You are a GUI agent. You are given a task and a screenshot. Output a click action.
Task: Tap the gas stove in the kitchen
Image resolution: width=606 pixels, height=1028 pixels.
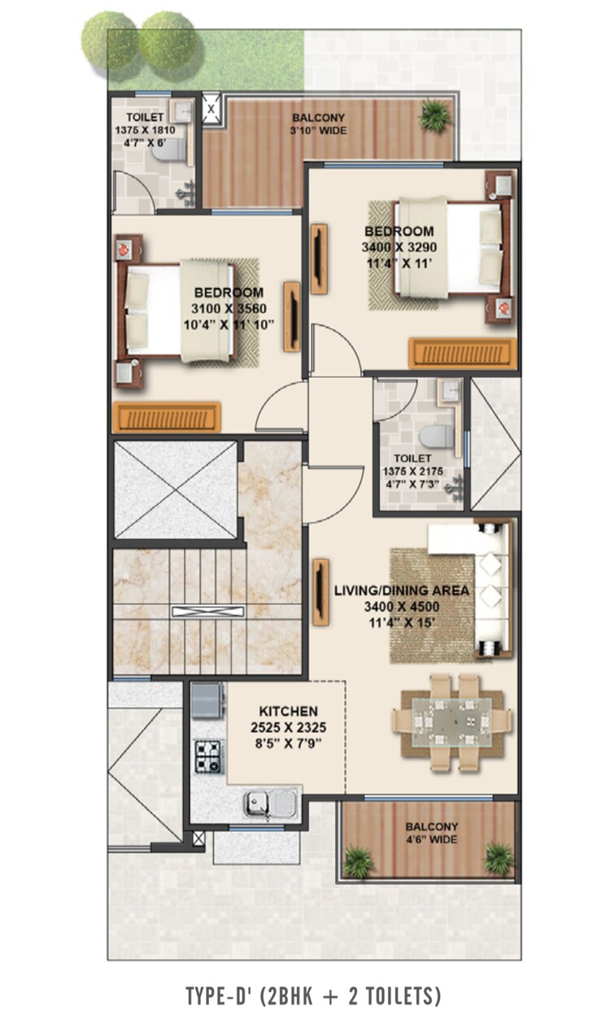(x=208, y=756)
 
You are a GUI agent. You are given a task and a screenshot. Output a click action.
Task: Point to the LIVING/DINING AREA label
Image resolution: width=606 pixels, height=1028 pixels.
(x=402, y=590)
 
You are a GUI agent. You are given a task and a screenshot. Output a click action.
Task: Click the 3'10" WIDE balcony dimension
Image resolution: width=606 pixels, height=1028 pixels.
(x=318, y=130)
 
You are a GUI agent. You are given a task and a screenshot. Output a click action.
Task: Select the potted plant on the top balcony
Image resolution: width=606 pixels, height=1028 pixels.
(x=435, y=115)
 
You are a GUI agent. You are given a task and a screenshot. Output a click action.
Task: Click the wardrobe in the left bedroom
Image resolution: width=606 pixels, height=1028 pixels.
(x=166, y=416)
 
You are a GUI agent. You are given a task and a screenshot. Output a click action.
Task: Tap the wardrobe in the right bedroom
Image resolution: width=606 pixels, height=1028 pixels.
(x=462, y=353)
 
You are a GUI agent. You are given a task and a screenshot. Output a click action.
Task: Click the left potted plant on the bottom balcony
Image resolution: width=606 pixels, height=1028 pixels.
(x=358, y=860)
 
